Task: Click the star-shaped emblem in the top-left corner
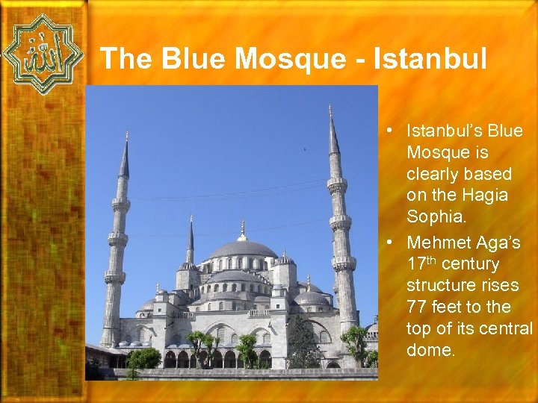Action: point(43,54)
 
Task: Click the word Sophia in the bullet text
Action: point(432,216)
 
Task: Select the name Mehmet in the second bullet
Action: point(438,243)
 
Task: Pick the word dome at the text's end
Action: point(430,349)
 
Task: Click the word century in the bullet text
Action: point(471,264)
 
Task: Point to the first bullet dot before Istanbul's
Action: point(391,131)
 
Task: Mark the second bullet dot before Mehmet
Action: point(391,243)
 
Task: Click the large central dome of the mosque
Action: point(241,249)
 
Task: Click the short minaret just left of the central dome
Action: point(191,246)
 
